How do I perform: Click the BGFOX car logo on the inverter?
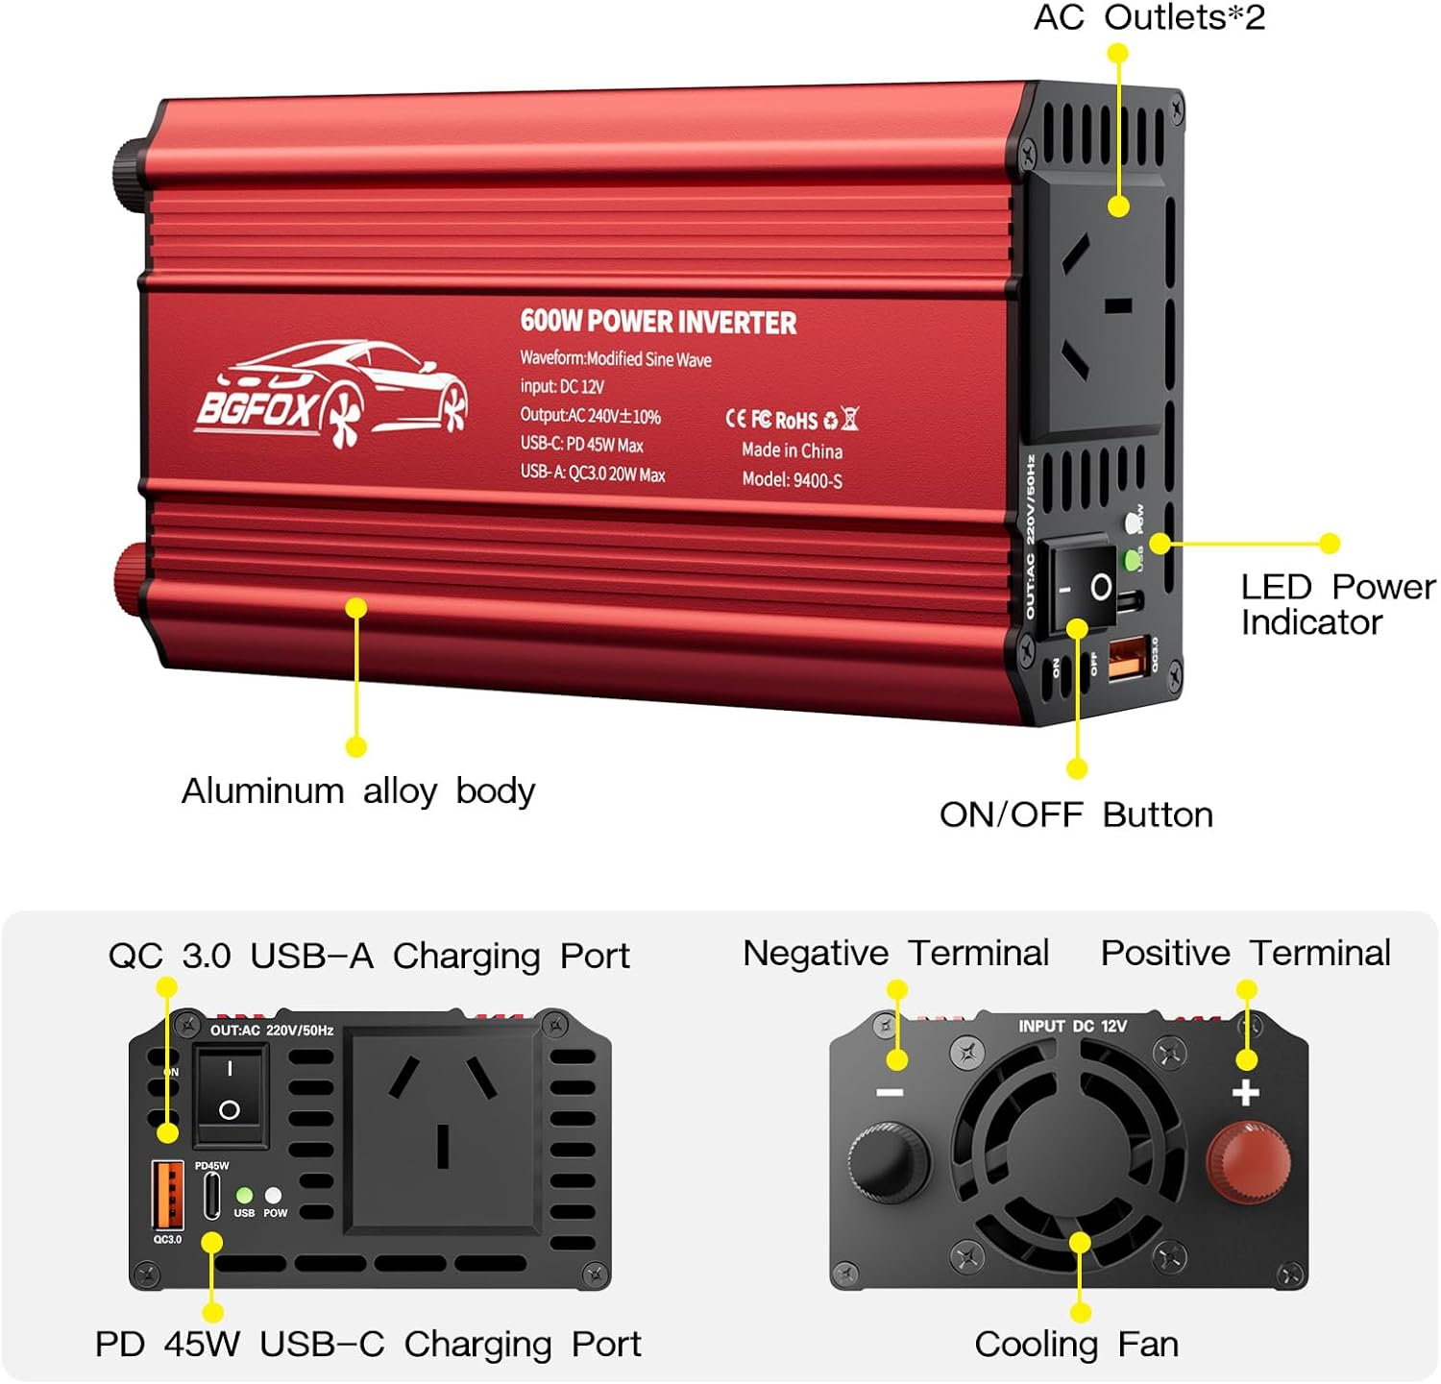(331, 395)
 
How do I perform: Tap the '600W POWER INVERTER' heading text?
(658, 322)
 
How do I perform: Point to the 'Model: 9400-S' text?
(792, 479)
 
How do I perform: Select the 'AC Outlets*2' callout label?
(1149, 17)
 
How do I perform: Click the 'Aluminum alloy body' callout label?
(358, 790)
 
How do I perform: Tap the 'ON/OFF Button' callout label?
(1076, 814)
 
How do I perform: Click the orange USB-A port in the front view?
(167, 1195)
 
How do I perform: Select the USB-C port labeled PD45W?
(212, 1196)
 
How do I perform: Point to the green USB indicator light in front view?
(245, 1195)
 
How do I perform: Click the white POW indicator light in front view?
(274, 1195)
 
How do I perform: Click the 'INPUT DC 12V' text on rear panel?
(1072, 1026)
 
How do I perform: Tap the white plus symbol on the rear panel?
(1245, 1093)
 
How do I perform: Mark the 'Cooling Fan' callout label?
(1076, 1344)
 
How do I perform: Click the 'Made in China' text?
(792, 450)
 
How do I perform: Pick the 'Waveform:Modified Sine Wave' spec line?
(616, 358)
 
